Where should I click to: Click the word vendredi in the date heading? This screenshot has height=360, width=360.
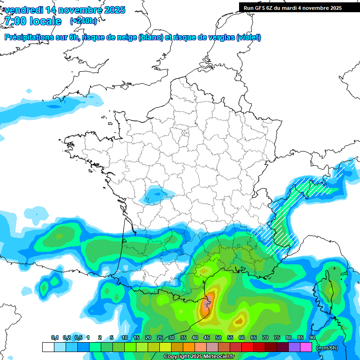24,10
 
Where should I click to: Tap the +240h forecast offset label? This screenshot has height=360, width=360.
83,21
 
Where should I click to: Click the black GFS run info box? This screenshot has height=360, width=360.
299,7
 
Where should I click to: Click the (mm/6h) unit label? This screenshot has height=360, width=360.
327,347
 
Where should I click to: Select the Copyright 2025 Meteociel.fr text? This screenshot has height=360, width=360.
199,357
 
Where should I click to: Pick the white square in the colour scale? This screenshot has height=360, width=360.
48,347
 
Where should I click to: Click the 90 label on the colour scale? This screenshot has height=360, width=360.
312,337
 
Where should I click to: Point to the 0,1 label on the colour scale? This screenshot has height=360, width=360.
55,337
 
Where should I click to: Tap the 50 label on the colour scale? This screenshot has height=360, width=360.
218,337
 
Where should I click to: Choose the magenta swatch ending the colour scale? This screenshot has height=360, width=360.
306,347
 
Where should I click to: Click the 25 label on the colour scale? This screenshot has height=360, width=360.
160,337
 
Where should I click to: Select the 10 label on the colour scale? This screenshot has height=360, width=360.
125,337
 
